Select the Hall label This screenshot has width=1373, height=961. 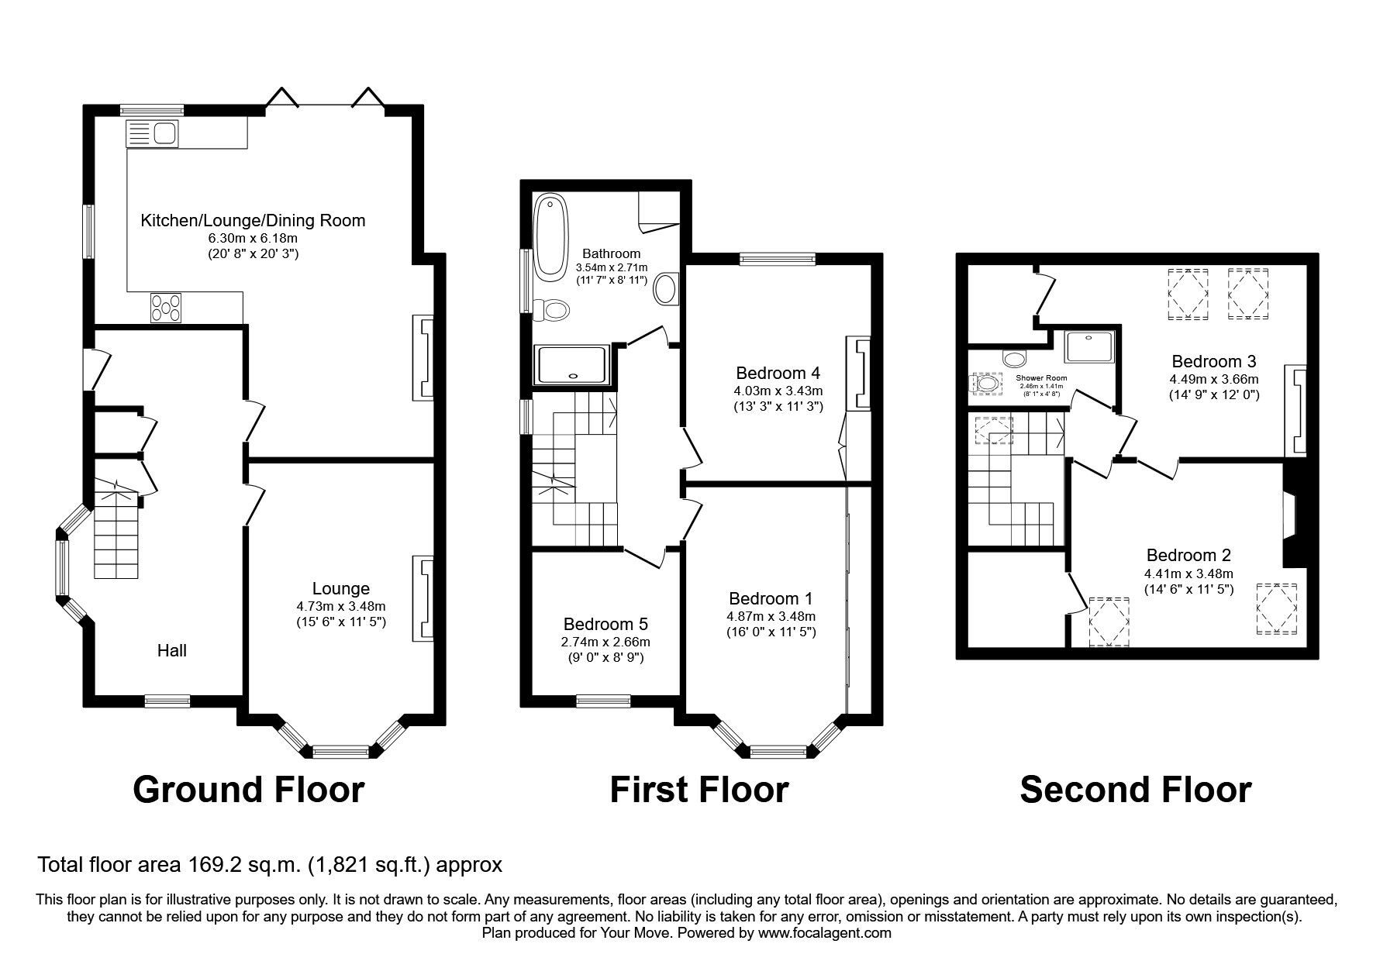pos(172,650)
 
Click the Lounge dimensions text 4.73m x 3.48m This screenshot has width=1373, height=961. pos(341,606)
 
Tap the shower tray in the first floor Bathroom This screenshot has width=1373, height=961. pos(572,364)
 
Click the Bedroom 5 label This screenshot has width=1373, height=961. pos(605,624)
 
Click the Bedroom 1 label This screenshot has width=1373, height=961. pos(771,598)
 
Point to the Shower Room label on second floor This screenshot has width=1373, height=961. pos(1041,378)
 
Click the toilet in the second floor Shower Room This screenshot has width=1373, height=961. pos(985,384)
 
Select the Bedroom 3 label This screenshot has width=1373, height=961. pos(1213,361)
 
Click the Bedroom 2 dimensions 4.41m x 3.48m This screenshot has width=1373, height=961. pos(1188,573)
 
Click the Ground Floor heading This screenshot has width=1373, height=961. pos(248,790)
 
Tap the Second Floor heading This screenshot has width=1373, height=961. pos(1135,790)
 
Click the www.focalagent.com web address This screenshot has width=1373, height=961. pos(824,933)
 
